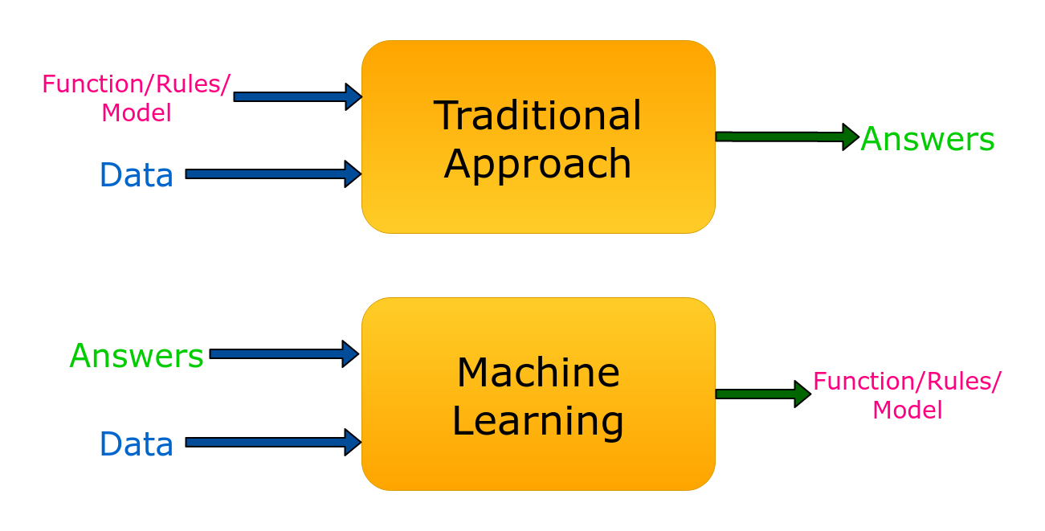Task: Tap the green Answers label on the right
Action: [928, 139]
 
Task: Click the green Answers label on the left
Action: [137, 356]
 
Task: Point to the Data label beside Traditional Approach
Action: [137, 175]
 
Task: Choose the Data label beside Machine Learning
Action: [137, 443]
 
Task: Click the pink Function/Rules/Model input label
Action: [137, 97]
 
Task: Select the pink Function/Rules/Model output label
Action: [907, 394]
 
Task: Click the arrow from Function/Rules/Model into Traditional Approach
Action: [297, 96]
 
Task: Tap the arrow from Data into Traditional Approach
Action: [273, 174]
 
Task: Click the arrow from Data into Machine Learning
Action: [273, 442]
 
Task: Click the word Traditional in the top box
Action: [537, 116]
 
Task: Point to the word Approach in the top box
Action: [537, 164]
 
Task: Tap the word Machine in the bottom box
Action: [537, 373]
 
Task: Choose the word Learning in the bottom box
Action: [537, 421]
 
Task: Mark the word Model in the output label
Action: [907, 410]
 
